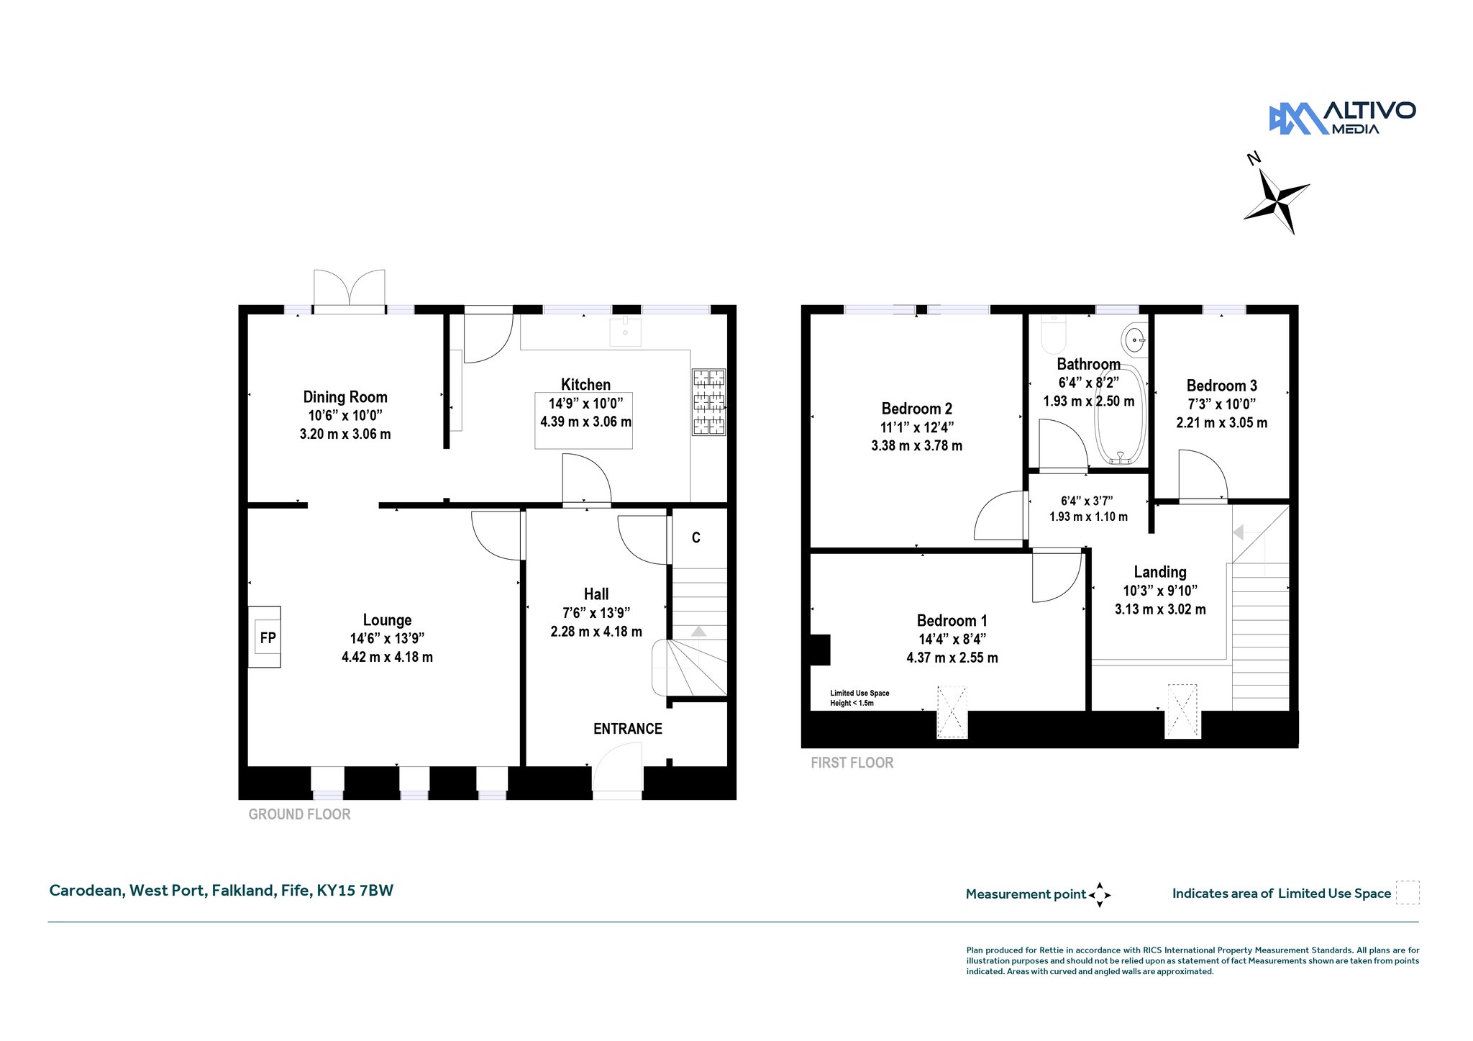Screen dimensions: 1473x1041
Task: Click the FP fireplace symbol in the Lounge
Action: pos(265,637)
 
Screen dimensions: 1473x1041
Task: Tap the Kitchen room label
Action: pos(585,385)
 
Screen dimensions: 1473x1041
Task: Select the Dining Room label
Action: pos(345,397)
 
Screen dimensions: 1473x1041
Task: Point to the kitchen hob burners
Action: pos(708,402)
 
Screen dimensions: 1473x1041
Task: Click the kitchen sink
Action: pos(625,331)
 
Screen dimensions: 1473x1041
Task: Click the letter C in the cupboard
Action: pos(696,537)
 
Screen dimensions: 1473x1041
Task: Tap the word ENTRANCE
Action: pos(627,729)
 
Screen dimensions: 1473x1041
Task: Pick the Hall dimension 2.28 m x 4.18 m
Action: pos(596,632)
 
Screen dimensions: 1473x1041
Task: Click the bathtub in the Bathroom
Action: pos(1120,415)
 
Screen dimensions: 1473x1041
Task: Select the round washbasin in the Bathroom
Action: pos(1134,339)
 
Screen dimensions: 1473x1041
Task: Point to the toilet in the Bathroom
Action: pos(1054,332)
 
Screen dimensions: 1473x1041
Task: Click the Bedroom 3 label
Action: pos(1222,386)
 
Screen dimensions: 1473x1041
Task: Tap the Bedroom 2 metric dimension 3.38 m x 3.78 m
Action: pos(916,446)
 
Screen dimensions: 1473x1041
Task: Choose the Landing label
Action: pos(1160,572)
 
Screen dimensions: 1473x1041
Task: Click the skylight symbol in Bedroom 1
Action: pos(952,712)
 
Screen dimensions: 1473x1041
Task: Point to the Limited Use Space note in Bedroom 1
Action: pos(859,698)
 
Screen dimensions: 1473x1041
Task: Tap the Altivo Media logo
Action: pos(1342,118)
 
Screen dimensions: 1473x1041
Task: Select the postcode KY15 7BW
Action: pos(355,891)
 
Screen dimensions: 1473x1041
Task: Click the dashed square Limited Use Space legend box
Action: pos(1408,893)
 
